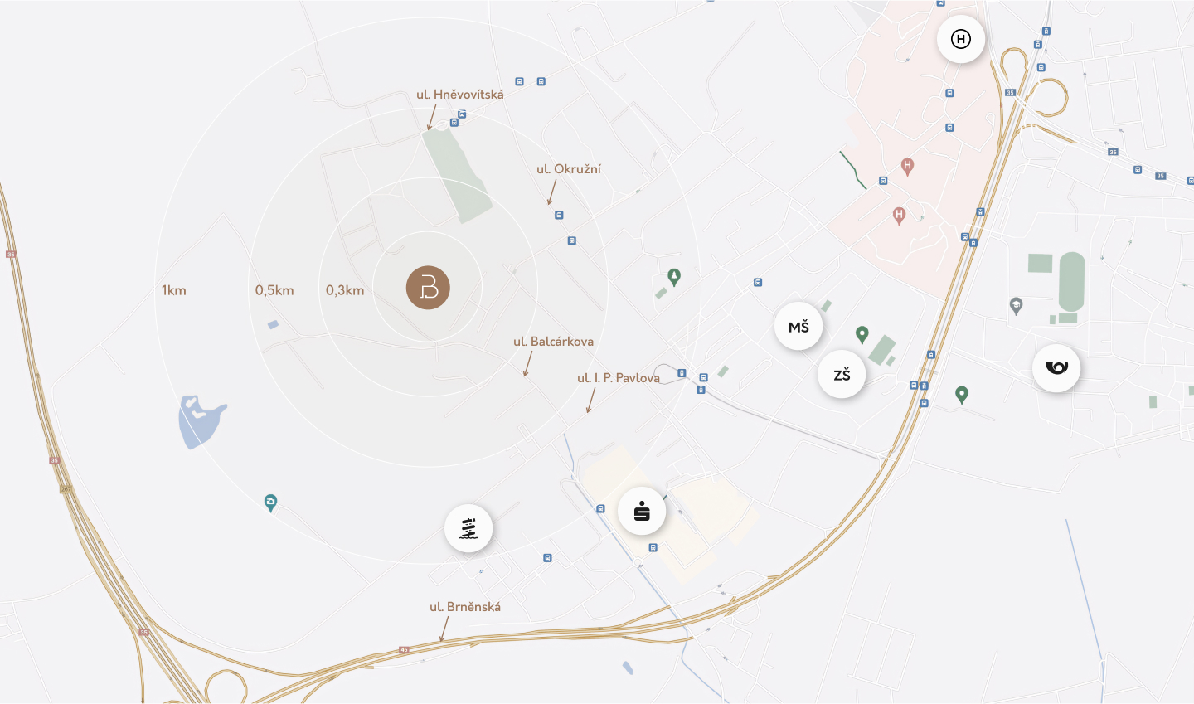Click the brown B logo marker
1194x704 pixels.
428,288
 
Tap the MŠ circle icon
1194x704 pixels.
798,327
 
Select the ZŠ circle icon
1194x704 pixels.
842,375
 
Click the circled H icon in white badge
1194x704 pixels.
961,39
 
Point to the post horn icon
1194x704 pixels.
1056,367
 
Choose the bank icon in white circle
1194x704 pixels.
642,511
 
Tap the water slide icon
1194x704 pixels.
468,528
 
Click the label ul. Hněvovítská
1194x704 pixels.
460,95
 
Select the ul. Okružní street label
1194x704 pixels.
569,169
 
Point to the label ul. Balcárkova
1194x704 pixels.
553,342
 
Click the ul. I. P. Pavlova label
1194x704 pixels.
619,378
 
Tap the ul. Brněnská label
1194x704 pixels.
465,607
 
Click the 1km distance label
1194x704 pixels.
174,290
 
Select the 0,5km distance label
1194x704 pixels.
274,290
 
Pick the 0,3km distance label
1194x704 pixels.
345,290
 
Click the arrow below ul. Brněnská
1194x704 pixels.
444,629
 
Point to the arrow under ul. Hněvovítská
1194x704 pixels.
431,118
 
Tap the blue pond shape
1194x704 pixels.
199,421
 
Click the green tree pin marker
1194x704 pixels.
674,276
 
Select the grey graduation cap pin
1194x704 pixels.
1017,305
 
